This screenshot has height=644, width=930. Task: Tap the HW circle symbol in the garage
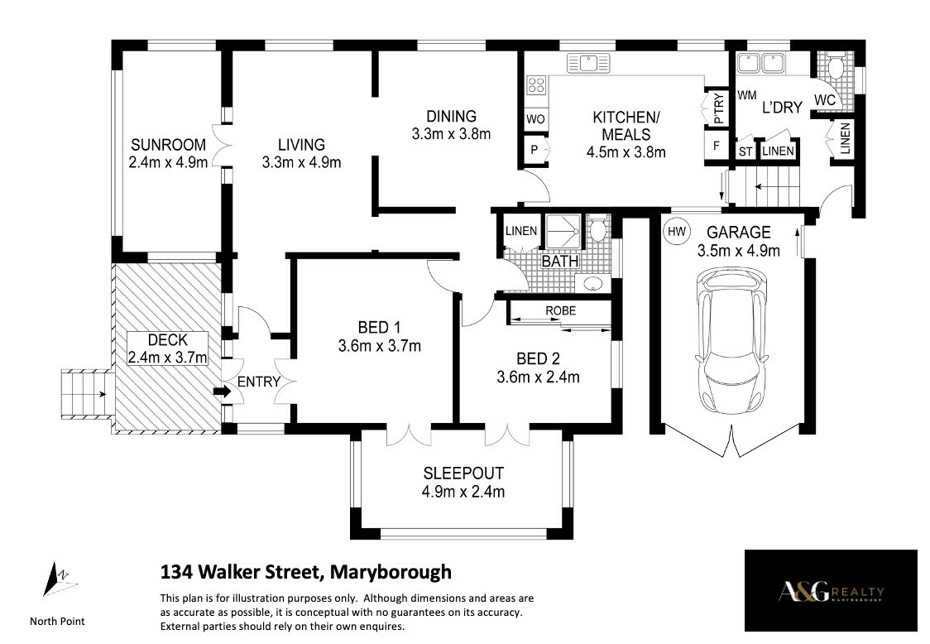pyautogui.click(x=676, y=232)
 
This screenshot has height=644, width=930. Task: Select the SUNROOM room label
pyautogui.click(x=169, y=145)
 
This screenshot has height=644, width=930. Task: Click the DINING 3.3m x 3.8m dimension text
pyautogui.click(x=452, y=134)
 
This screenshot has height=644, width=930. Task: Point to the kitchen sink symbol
pyautogui.click(x=588, y=63)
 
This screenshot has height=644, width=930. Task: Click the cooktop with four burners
pyautogui.click(x=536, y=85)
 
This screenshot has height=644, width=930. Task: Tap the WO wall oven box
pyautogui.click(x=535, y=118)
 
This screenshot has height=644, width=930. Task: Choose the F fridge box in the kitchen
pyautogui.click(x=717, y=145)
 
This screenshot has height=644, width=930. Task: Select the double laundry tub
pyautogui.click(x=760, y=63)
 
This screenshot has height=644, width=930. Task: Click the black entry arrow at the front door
pyautogui.click(x=223, y=392)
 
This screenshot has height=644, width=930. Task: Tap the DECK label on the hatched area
pyautogui.click(x=168, y=340)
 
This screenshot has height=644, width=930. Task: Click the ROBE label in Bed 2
pyautogui.click(x=560, y=310)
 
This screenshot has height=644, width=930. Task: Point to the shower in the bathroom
pyautogui.click(x=563, y=232)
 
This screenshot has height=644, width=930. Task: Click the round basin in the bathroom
pyautogui.click(x=593, y=283)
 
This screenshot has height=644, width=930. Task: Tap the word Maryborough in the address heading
pyautogui.click(x=391, y=572)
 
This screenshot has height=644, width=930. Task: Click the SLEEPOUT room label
pyautogui.click(x=463, y=473)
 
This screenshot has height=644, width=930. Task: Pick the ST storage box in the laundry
pyautogui.click(x=745, y=151)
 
